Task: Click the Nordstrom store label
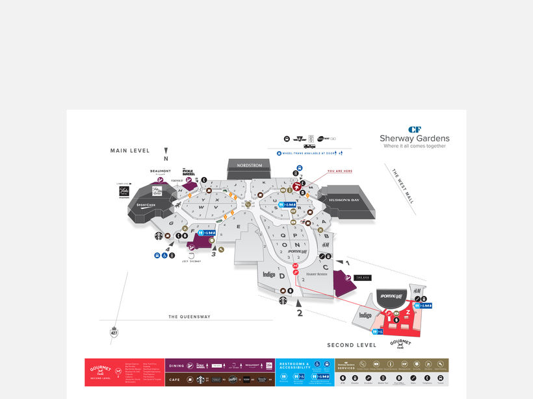coord(250,165)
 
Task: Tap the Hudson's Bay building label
coord(346,200)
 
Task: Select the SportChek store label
coord(146,205)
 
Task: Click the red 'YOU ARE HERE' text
coord(339,171)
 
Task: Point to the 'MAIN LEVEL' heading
coord(129,151)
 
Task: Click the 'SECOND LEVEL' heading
coord(352,345)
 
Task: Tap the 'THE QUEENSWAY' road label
coord(189,317)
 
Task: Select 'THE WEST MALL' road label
coord(403,186)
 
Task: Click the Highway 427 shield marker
coord(114,333)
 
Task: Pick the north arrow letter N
coord(166,158)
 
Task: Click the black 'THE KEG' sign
coord(363,278)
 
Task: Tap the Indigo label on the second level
coord(365,315)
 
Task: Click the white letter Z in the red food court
coord(408,311)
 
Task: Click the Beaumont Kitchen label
coord(160,171)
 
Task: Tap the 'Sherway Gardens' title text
coord(415,138)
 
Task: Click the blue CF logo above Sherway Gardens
coord(415,129)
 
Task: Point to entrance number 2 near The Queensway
coord(300,312)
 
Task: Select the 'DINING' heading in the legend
coord(176,366)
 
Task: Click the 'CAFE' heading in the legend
coord(176,380)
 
